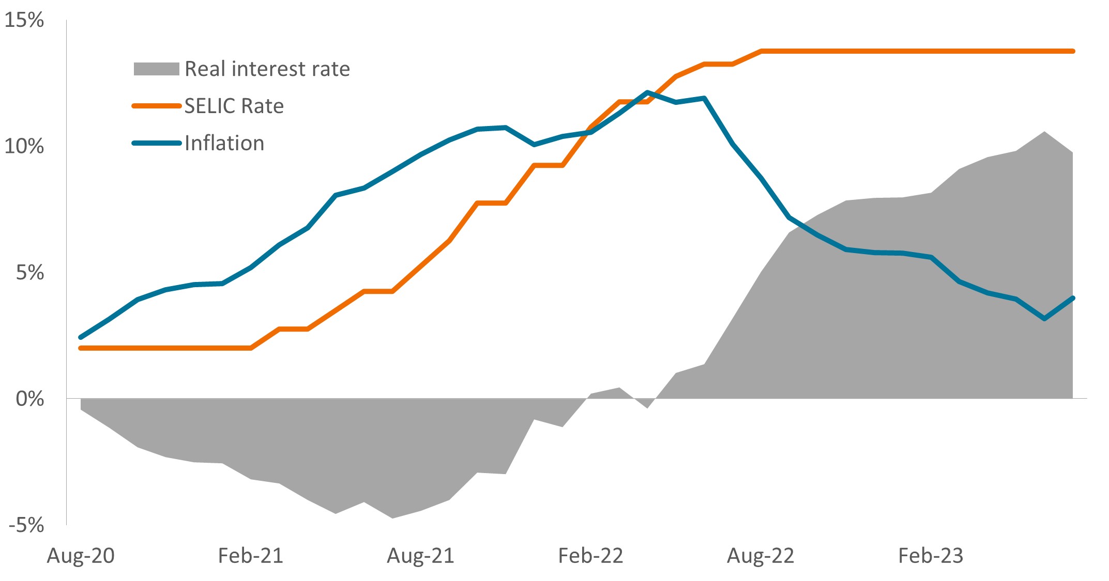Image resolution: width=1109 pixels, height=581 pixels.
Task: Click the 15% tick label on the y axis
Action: coord(24,21)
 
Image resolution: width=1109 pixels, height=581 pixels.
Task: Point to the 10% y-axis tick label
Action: coord(24,147)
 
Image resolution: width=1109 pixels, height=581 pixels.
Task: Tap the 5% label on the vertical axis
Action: coord(29,273)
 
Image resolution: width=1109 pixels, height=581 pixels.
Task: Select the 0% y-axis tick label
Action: coord(29,399)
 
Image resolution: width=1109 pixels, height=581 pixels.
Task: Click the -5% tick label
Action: coord(26,525)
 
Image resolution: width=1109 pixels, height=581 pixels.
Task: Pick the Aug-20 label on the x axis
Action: coord(81,556)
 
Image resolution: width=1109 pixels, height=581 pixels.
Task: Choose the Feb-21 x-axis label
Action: coord(251,556)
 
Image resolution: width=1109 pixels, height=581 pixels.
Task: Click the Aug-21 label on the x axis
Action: coord(420,556)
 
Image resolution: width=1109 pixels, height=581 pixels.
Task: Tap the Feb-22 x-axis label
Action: coord(590,556)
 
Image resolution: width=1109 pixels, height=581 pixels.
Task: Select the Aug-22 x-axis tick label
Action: coord(761,556)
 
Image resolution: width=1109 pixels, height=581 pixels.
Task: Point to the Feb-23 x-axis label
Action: coord(931,556)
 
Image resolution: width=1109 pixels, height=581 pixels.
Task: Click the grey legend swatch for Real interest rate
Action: coord(156,69)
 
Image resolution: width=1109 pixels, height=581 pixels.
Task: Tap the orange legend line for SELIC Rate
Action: coord(156,106)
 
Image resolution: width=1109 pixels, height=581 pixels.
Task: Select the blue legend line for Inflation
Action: coord(156,143)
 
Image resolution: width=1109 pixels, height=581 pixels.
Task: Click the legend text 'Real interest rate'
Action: coord(267,69)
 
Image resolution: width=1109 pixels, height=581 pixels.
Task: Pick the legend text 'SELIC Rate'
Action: coord(234,106)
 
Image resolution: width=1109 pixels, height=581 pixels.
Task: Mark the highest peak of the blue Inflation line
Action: coord(647,92)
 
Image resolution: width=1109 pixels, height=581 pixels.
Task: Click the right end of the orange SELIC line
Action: coord(1073,51)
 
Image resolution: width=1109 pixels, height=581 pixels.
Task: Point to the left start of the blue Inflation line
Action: coord(81,337)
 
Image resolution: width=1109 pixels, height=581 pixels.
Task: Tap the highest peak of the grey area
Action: coord(1045,132)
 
